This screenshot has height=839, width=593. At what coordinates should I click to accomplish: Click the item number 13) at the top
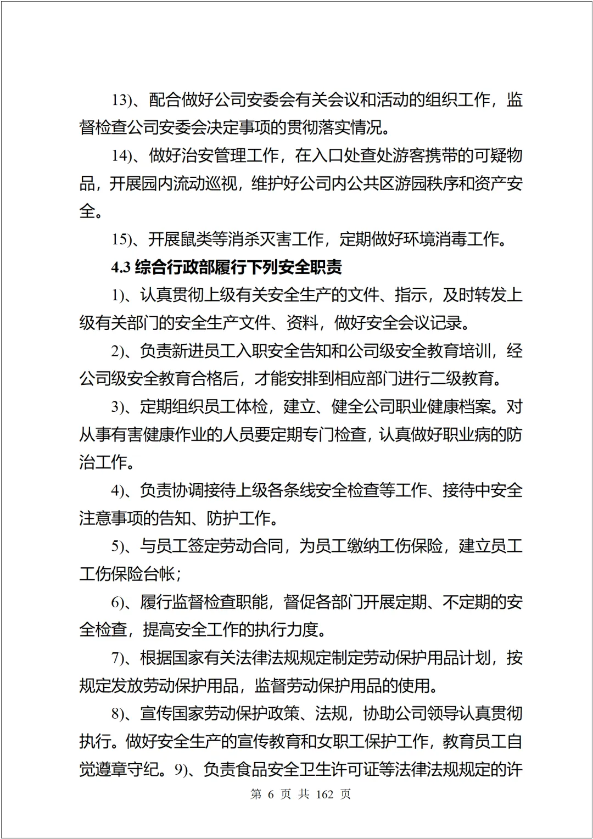121,100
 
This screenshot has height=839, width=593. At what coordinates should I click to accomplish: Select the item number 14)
121,155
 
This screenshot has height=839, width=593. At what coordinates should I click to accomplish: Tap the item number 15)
121,239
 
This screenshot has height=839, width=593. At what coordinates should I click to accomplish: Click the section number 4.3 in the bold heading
120,267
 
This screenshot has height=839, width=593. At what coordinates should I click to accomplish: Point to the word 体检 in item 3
252,407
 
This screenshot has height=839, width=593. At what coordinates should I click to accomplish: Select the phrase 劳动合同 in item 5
252,546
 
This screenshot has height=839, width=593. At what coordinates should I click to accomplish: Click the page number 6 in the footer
271,795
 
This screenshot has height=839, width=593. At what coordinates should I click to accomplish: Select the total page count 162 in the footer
325,795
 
